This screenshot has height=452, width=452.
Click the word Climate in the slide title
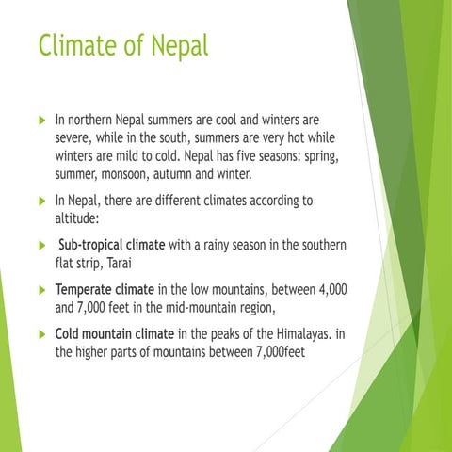tap(77, 44)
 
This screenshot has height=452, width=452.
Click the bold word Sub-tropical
tap(90, 245)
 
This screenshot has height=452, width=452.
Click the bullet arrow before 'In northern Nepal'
tap(39, 121)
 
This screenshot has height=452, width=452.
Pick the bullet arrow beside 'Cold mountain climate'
tap(39, 334)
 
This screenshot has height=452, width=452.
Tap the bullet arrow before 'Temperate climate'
tap(39, 290)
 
